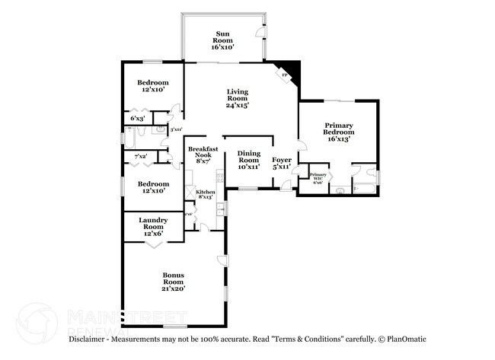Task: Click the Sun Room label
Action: (x=223, y=34)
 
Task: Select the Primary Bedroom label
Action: (x=338, y=126)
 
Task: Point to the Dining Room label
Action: (x=249, y=157)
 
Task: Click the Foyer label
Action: (x=282, y=159)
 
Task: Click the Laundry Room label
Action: (x=153, y=222)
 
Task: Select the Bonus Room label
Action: (x=174, y=275)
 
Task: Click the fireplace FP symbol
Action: (x=284, y=76)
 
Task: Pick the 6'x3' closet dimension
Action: (x=138, y=119)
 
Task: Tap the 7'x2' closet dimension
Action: (x=141, y=156)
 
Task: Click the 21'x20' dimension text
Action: (x=174, y=288)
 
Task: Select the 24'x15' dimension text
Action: (x=238, y=106)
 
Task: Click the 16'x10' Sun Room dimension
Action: (x=223, y=46)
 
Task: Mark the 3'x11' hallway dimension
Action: (x=176, y=129)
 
